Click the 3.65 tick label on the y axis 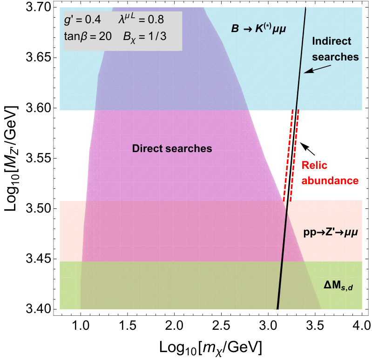point(39,58)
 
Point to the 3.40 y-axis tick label point(39,309)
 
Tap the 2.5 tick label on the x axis point(221,326)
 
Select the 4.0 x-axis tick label point(362,326)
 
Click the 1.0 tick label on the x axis point(81,326)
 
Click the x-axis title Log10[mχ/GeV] point(210,348)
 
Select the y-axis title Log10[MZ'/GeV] point(11,158)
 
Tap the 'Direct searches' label point(172,148)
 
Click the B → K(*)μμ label point(258,29)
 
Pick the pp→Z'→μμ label point(331,233)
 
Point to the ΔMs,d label point(338,287)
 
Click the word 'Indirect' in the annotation point(331,41)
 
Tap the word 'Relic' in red point(314,165)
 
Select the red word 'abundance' point(330,180)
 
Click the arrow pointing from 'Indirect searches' point(318,69)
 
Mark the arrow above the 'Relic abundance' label point(308,149)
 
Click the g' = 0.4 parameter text point(82,20)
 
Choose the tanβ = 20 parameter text point(88,36)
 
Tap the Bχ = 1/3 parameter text point(145,37)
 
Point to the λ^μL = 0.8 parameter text point(141,19)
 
